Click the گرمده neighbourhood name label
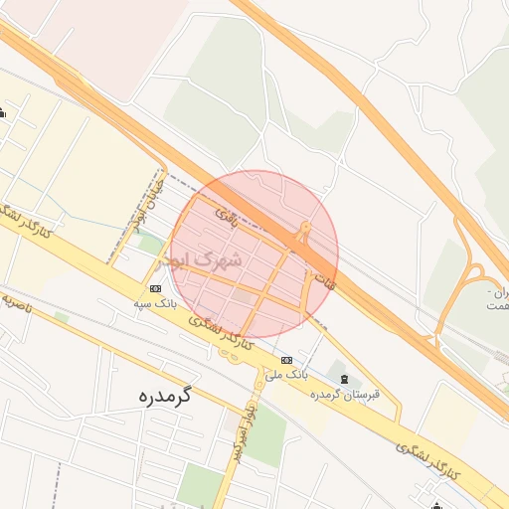pyautogui.click(x=165, y=395)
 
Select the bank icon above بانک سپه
pyautogui.click(x=155, y=288)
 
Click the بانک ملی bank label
pyautogui.click(x=287, y=374)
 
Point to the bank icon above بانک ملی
pyautogui.click(x=286, y=360)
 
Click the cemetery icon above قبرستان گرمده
pyautogui.click(x=344, y=380)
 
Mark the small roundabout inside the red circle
pyautogui.click(x=302, y=237)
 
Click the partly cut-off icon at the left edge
pyautogui.click(x=3, y=112)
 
